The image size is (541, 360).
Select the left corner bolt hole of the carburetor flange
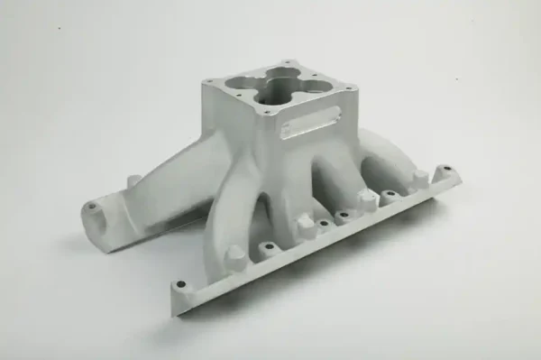pos(206,82)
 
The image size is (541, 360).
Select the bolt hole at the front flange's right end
pos(444,169)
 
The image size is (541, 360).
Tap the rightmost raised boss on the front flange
pos(418,178)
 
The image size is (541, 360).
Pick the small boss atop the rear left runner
pos(133,181)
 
